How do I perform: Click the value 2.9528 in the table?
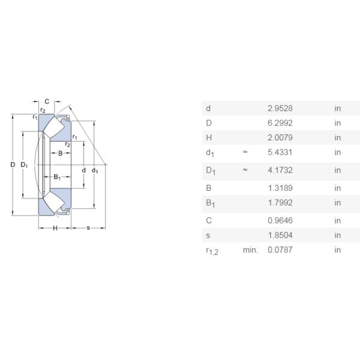pos(280,108)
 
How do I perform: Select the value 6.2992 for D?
pos(280,123)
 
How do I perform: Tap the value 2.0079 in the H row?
pos(280,138)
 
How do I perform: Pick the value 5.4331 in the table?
pos(280,152)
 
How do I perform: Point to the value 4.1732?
pos(280,170)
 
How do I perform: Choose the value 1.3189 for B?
pos(280,188)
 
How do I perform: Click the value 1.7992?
pos(280,203)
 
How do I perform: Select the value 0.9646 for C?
pos(280,221)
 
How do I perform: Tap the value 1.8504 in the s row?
pos(280,235)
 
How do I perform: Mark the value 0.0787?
pos(280,250)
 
